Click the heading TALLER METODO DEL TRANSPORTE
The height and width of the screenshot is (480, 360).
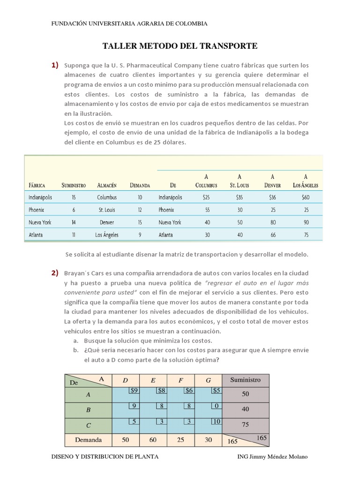180,46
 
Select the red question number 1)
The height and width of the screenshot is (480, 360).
55,65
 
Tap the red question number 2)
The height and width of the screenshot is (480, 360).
55,273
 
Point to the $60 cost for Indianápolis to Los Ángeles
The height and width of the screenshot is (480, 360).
306,197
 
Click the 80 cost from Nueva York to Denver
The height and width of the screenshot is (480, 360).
273,222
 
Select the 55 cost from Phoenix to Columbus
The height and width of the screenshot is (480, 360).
206,210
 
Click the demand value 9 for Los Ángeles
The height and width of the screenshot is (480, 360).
140,235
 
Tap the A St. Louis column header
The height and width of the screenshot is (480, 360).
239,181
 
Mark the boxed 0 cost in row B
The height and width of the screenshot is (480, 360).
216,405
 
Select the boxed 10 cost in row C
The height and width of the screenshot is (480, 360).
216,421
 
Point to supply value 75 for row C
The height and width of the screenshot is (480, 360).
246,425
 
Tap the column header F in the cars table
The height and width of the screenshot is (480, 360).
180,380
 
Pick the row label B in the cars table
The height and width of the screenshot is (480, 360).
88,410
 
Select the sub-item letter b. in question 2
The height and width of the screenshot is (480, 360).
75,351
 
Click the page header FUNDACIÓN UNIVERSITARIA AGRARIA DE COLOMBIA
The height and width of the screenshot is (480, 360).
129,23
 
